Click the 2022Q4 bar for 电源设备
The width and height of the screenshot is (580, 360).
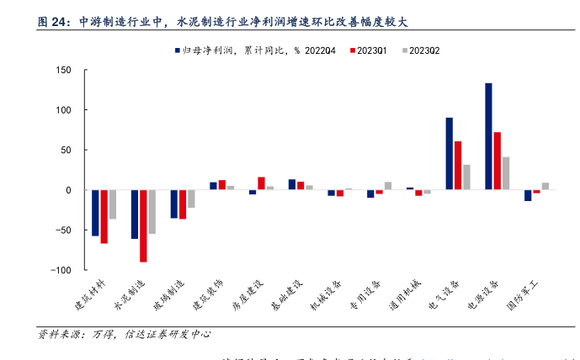pos(488,136)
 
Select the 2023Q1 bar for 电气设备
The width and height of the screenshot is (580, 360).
pos(457,166)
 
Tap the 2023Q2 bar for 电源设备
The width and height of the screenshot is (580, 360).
pos(505,173)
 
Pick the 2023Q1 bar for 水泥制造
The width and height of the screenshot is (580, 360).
pos(143,225)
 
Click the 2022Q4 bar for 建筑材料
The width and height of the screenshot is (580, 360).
pos(95,213)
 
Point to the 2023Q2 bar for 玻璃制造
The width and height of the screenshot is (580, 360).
pos(191,199)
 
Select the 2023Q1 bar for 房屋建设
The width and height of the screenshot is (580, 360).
pos(261,183)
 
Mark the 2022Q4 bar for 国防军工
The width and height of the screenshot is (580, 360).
pos(528,195)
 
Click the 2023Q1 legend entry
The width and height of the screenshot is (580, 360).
pos(369,50)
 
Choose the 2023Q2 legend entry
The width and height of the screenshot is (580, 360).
pos(422,50)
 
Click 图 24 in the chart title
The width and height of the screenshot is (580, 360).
pos(54,23)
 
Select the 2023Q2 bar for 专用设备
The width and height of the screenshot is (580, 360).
pos(388,186)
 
